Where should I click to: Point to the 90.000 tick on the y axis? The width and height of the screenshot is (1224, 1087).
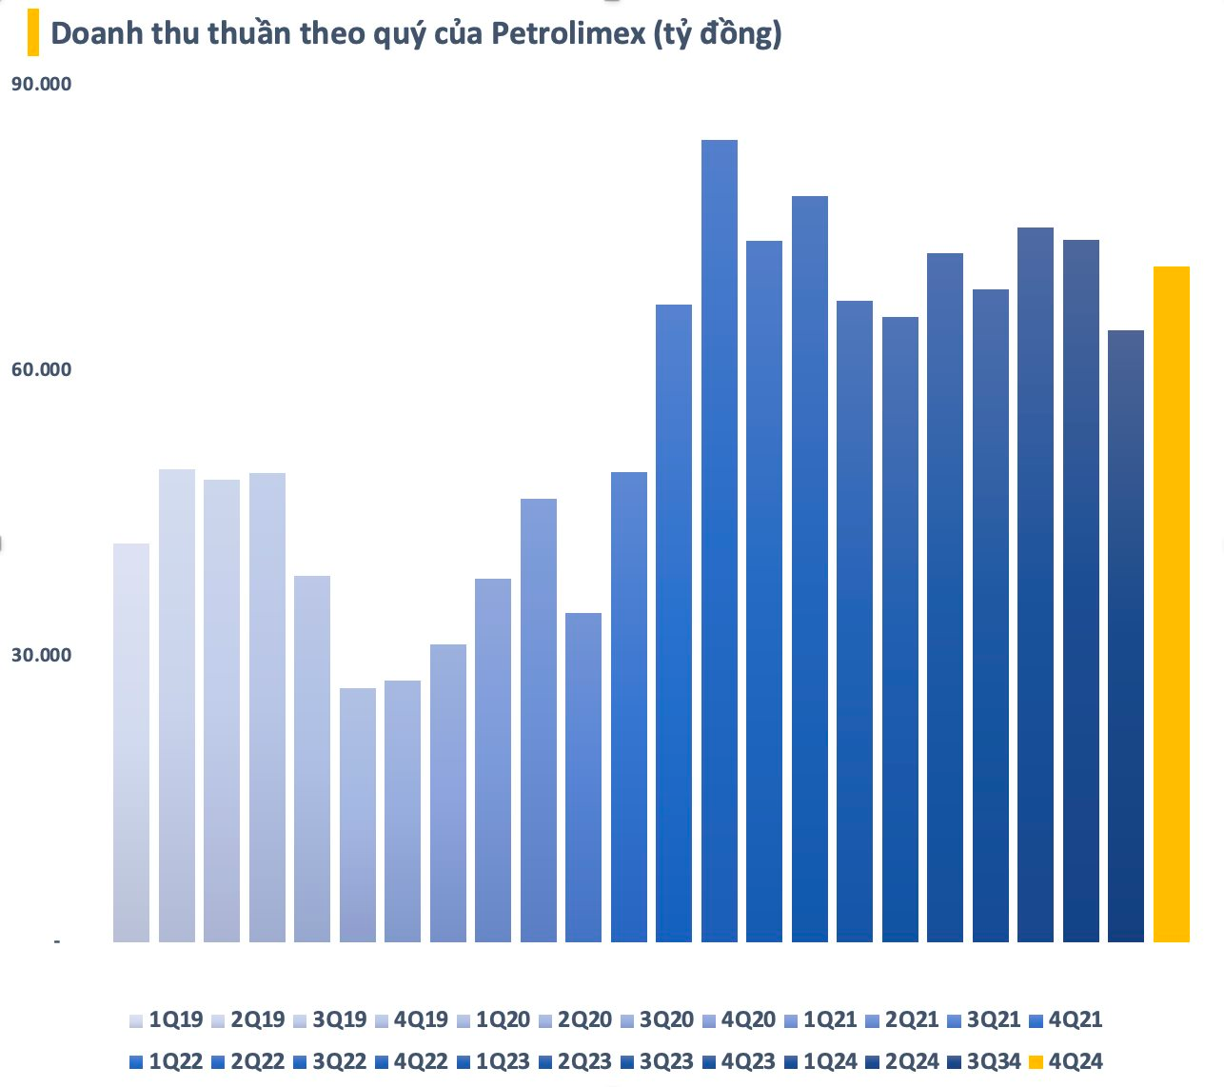point(41,84)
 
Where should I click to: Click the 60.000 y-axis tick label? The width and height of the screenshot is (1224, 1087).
point(41,369)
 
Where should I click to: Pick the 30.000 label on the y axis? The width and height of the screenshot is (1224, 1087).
point(41,655)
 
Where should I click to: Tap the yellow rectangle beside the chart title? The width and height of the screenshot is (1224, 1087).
point(33,33)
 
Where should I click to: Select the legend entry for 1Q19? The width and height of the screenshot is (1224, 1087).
point(168,1019)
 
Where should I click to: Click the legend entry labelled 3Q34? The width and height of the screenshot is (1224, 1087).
point(984,1061)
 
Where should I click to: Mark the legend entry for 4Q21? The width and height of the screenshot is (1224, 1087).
point(1066,1019)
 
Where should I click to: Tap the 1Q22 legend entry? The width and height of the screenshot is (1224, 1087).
point(168,1061)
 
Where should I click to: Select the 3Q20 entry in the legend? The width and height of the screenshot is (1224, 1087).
point(657,1019)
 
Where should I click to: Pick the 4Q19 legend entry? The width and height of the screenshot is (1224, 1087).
point(412,1019)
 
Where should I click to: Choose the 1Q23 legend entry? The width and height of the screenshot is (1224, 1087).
point(494,1061)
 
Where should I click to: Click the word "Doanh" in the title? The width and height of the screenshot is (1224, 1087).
point(91,33)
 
